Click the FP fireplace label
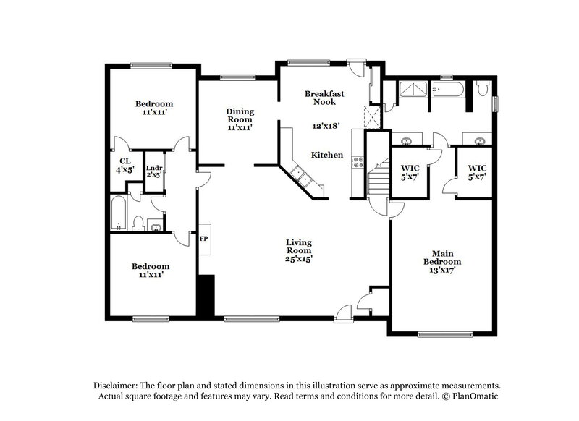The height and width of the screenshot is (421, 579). pos(204,238)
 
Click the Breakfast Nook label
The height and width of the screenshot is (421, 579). pos(324,98)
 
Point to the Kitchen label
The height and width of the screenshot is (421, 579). pos(327,155)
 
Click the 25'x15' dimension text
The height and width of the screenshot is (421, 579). pos(298,259)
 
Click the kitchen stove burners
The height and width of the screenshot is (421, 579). pos(357,162)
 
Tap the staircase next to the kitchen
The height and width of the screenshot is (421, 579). pos(376,182)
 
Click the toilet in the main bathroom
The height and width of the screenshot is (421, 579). pos(483,89)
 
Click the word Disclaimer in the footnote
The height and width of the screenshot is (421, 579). pos(117,386)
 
